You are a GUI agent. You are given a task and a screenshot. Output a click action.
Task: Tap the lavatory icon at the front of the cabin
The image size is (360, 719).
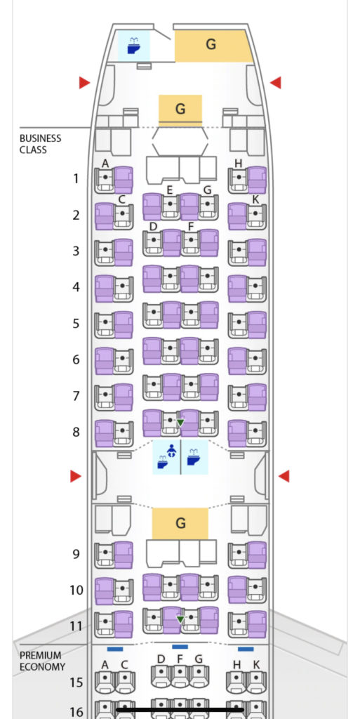tap(134, 46)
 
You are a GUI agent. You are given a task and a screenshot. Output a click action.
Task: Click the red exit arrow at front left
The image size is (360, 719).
tap(84, 83)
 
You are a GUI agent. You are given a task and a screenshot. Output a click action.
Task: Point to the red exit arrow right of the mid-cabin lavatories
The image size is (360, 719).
tap(284, 477)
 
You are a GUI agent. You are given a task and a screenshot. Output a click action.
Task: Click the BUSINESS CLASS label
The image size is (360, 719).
tap(40, 144)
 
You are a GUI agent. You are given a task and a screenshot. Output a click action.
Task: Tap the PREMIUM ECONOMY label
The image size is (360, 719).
tap(42, 661)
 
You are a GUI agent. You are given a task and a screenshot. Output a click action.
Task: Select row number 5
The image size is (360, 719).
tap(76, 324)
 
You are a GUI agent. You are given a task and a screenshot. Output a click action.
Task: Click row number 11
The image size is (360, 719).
tap(76, 626)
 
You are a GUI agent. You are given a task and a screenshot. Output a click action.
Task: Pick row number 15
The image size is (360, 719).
tap(76, 682)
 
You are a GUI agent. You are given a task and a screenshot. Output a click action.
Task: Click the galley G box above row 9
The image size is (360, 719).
tap(180, 523)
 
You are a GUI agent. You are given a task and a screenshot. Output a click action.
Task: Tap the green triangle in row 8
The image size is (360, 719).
tap(180, 423)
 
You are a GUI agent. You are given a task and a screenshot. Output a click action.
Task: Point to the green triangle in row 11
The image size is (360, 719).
tap(180, 620)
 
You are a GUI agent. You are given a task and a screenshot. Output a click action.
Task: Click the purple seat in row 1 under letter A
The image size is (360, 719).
tap(124, 180)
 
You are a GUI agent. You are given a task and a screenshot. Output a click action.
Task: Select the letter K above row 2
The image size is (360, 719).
tap(255, 199)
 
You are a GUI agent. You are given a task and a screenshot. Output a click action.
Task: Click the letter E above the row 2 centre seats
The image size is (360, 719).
tap(169, 190)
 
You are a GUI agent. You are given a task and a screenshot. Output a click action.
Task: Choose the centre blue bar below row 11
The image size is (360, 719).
tap(180, 647)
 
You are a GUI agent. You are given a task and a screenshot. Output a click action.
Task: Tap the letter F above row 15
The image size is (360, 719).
tap(180, 659)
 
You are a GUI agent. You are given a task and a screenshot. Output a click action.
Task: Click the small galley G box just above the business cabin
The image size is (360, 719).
tap(180, 110)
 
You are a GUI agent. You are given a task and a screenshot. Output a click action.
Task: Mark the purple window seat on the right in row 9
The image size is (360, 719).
tap(257, 555)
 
